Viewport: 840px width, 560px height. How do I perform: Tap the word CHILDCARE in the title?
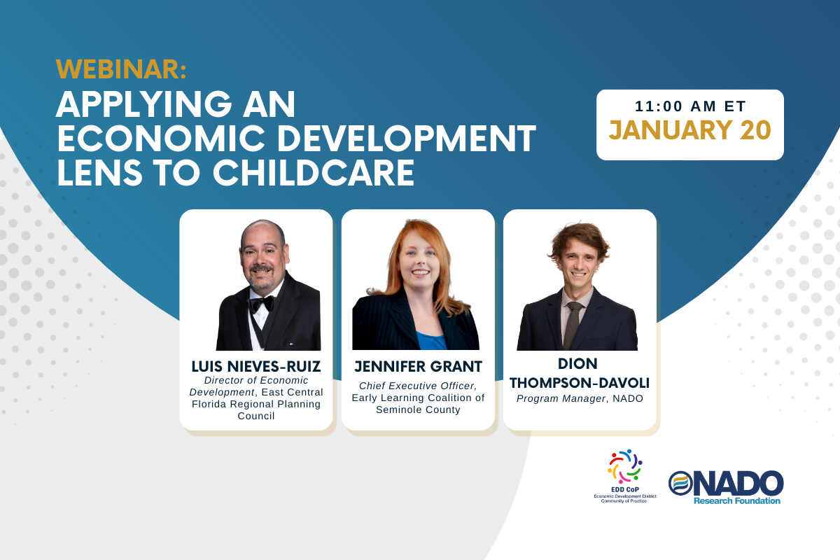(x=314, y=173)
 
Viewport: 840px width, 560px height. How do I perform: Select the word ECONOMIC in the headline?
(x=161, y=139)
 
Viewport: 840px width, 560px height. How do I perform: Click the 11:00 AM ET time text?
(x=690, y=106)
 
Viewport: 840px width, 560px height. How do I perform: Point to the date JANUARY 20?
(x=690, y=130)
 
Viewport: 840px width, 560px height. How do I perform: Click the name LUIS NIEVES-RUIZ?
(x=256, y=367)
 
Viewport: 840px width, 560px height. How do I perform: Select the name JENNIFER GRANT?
(x=418, y=367)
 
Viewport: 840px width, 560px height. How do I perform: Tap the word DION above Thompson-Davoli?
(x=578, y=363)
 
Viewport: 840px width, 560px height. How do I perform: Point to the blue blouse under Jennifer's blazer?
(x=431, y=341)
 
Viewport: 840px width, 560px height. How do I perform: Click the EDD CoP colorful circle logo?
(x=625, y=466)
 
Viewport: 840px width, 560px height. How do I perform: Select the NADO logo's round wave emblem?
(x=680, y=483)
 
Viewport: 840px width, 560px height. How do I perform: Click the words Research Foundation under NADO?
(x=737, y=500)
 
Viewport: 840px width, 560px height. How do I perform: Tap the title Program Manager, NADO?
(x=580, y=398)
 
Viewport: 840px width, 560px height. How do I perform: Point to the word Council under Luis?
(x=256, y=416)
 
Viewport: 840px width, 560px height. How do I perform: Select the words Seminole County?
(x=418, y=409)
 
